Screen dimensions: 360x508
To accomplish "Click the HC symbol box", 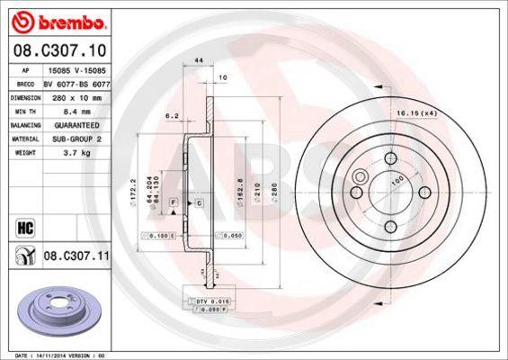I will (18, 226).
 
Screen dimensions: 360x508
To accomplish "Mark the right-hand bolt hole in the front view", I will (423, 192).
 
